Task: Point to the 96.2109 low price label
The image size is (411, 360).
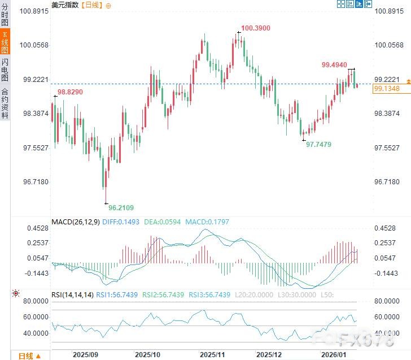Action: (121, 207)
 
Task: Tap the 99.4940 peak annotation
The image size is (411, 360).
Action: (334, 65)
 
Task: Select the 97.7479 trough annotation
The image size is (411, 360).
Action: (318, 145)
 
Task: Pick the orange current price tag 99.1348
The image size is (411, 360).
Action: (387, 89)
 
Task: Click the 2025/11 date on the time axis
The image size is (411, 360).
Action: (213, 354)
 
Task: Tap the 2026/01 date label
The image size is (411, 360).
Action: (332, 354)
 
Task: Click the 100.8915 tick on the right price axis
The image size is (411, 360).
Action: (388, 11)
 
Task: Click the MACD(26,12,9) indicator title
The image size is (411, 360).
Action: (75, 222)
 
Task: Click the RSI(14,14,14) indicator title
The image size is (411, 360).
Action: (72, 294)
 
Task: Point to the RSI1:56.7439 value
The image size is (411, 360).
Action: (117, 294)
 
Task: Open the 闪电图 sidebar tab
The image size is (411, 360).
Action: (5, 70)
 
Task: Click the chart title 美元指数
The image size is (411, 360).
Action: (64, 5)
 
